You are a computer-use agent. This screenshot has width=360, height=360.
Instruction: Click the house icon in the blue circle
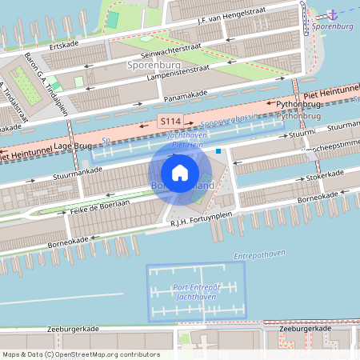[180, 172]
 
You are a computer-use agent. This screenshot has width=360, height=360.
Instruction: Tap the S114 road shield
[169, 121]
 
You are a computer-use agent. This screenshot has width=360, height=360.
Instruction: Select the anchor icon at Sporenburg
[333, 15]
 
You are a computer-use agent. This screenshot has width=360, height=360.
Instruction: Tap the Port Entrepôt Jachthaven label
[196, 291]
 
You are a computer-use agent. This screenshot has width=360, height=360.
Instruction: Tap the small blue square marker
[218, 150]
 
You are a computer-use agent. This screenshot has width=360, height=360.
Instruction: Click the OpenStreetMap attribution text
[81, 354]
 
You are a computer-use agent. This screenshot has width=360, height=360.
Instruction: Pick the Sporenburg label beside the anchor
[334, 26]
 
